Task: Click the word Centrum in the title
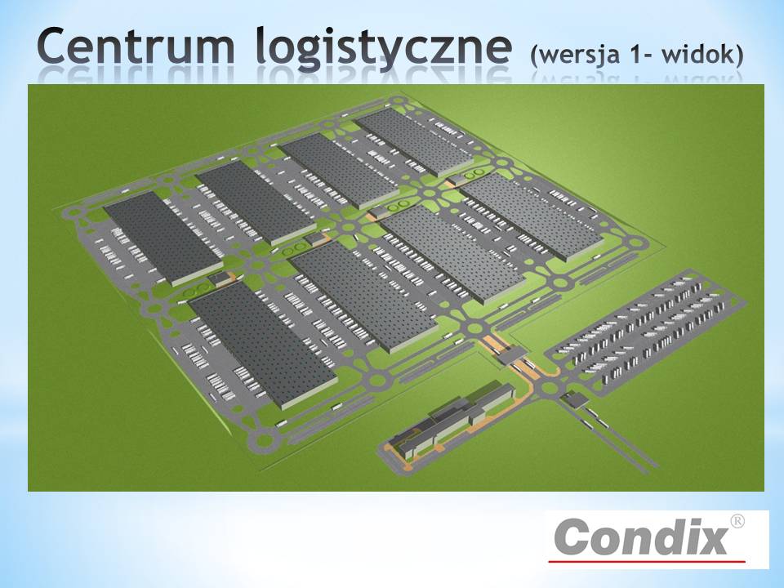click(136, 46)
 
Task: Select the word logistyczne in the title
click(384, 48)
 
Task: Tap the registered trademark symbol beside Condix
click(737, 521)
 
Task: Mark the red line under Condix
click(647, 562)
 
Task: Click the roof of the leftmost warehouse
click(163, 238)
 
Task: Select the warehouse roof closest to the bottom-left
click(263, 345)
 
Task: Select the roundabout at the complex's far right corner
click(636, 243)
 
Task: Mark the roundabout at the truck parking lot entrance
click(550, 387)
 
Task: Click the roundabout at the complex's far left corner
click(73, 212)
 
